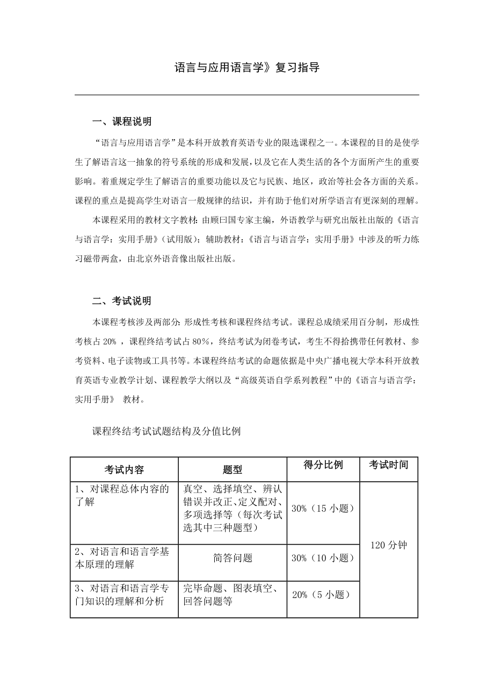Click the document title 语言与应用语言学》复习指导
247,68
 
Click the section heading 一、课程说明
122,121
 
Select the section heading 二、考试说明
122,301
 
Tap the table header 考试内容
124,469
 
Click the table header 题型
232,469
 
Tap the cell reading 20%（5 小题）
321,595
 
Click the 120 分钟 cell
389,545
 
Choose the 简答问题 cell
233,558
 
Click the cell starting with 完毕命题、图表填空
231,595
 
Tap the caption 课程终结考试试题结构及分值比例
166,431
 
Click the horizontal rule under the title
247,95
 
